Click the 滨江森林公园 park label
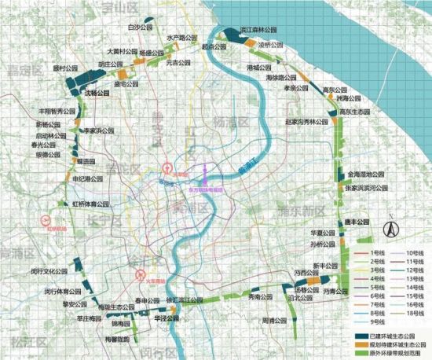258,27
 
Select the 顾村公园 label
67,68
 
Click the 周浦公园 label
276,321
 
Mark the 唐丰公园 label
356,222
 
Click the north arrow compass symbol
389,227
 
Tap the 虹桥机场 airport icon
47,219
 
